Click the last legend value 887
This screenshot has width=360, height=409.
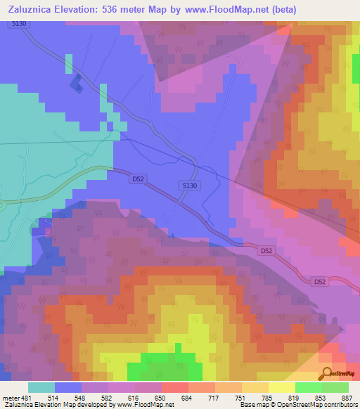coord(349,398)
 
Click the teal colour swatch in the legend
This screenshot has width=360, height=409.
coord(41,387)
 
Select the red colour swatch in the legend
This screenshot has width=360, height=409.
coord(174,387)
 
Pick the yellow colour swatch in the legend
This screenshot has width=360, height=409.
coord(281,387)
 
